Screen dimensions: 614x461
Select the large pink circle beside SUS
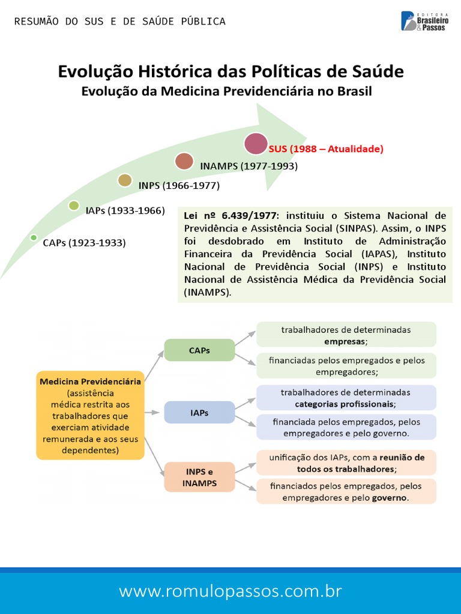pos(256,144)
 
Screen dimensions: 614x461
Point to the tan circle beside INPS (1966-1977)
pos(125,180)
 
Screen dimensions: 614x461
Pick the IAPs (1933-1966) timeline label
pos(125,211)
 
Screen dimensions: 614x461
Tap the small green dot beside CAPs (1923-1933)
pos(34,237)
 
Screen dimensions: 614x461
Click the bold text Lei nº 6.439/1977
pos(231,216)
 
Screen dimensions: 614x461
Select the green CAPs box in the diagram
pos(199,350)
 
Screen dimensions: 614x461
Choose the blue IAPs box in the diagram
pos(199,413)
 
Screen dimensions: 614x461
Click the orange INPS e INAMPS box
pos(199,477)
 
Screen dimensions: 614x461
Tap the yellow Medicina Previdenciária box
pos(90,415)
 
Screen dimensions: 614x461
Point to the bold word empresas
pos(345,341)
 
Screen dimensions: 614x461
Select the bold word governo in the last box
pos(390,498)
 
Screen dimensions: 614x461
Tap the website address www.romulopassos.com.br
pos(230,591)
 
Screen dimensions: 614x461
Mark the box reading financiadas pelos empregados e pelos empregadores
pos(346,366)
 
